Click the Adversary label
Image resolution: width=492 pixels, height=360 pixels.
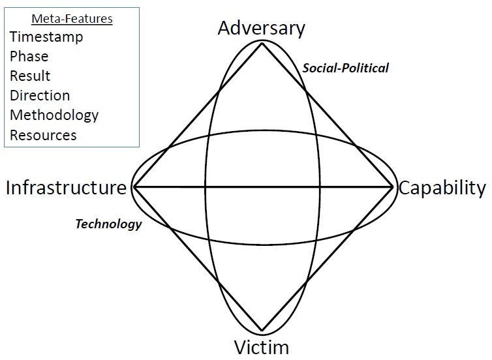(x=261, y=29)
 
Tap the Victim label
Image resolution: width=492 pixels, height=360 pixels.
(x=261, y=346)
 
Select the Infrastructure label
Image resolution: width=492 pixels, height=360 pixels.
(x=66, y=188)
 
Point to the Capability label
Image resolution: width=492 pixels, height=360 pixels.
(x=442, y=188)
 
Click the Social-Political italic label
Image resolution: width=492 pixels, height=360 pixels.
(x=345, y=68)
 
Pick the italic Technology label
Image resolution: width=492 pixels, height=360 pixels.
(x=108, y=224)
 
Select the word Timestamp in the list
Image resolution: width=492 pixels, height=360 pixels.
(x=46, y=37)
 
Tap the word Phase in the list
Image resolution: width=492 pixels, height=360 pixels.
(x=29, y=56)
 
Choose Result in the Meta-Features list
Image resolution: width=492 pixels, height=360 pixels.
(x=30, y=76)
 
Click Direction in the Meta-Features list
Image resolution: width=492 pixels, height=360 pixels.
(x=40, y=95)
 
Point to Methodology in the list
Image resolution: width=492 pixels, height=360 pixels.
(x=54, y=115)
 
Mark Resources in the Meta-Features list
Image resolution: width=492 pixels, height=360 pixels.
(x=43, y=135)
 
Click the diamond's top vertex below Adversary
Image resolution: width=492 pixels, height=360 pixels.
(x=262, y=44)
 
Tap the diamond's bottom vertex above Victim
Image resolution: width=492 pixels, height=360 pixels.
(x=262, y=331)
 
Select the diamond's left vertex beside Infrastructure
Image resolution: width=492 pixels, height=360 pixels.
(x=134, y=187)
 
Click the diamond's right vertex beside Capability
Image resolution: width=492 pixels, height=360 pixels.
(x=393, y=187)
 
